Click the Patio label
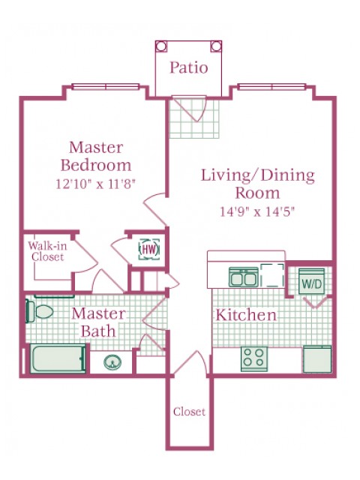point(189,67)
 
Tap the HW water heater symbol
point(149,249)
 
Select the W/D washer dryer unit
point(311,281)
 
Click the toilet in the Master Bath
point(39,311)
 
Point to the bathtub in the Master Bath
point(57,358)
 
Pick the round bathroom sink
point(112,363)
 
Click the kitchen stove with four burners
point(253,359)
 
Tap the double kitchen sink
point(244,277)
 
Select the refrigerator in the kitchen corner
point(317,359)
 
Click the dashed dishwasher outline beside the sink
point(272,275)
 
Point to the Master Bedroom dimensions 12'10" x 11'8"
point(95,184)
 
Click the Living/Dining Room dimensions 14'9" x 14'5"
point(257,211)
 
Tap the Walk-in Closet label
point(47,251)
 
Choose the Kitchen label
point(246,315)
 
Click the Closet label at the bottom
point(189,412)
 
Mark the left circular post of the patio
point(161,46)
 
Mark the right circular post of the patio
point(216,46)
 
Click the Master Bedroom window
point(106,87)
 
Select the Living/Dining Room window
point(271,87)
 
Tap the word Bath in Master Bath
point(98,331)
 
